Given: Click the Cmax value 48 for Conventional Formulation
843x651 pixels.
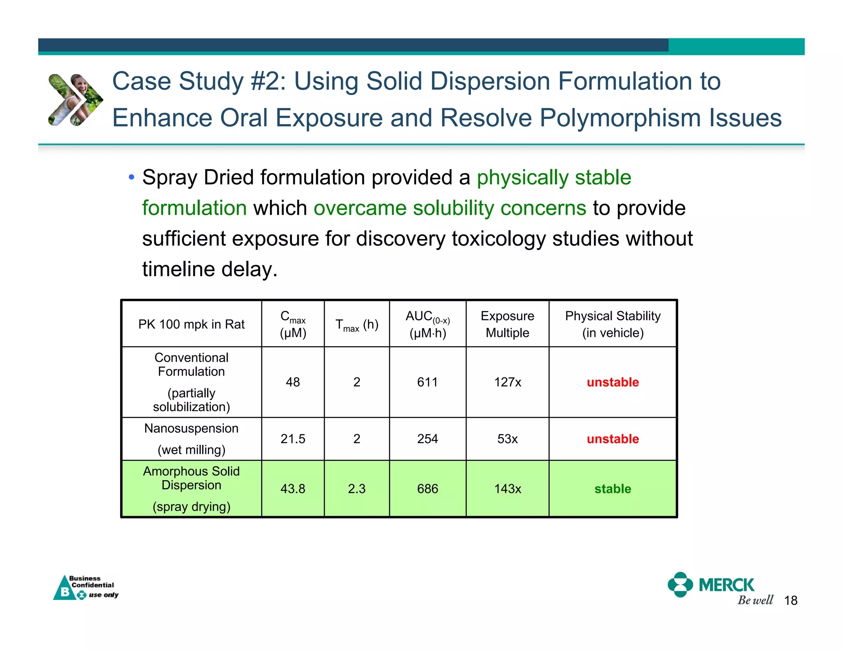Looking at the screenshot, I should pyautogui.click(x=293, y=382).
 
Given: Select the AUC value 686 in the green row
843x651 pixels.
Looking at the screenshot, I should pyautogui.click(x=427, y=489).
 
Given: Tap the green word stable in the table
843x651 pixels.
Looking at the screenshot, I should pyautogui.click(x=612, y=489).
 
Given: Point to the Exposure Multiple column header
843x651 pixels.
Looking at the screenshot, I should pyautogui.click(x=507, y=324).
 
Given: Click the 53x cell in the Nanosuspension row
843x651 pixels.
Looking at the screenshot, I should pyautogui.click(x=507, y=439).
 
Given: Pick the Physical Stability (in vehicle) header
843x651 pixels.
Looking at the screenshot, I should pyautogui.click(x=612, y=324).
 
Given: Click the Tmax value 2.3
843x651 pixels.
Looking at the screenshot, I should pyautogui.click(x=356, y=489).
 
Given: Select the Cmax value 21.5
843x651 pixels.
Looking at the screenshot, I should pyautogui.click(x=293, y=439).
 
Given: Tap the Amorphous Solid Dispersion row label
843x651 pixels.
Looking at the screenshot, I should pyautogui.click(x=191, y=478).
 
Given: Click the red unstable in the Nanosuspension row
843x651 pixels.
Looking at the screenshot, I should pyautogui.click(x=612, y=439).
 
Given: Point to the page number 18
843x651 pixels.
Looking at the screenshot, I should pyautogui.click(x=791, y=601).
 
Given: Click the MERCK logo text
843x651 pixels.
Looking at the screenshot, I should pyautogui.click(x=727, y=585).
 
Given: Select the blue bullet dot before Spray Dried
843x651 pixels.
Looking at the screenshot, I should pyautogui.click(x=131, y=178).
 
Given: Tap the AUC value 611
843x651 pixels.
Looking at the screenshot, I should pyautogui.click(x=427, y=382).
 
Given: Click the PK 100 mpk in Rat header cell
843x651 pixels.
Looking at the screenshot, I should pyautogui.click(x=191, y=324).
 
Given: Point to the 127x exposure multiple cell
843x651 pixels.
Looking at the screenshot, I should pyautogui.click(x=507, y=382).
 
